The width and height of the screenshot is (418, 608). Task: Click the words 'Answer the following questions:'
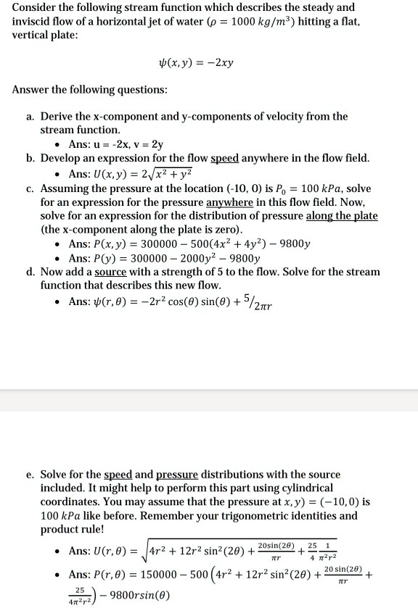[89, 91]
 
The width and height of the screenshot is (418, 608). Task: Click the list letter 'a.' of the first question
[30, 116]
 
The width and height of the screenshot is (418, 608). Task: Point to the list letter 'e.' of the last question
[30, 475]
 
